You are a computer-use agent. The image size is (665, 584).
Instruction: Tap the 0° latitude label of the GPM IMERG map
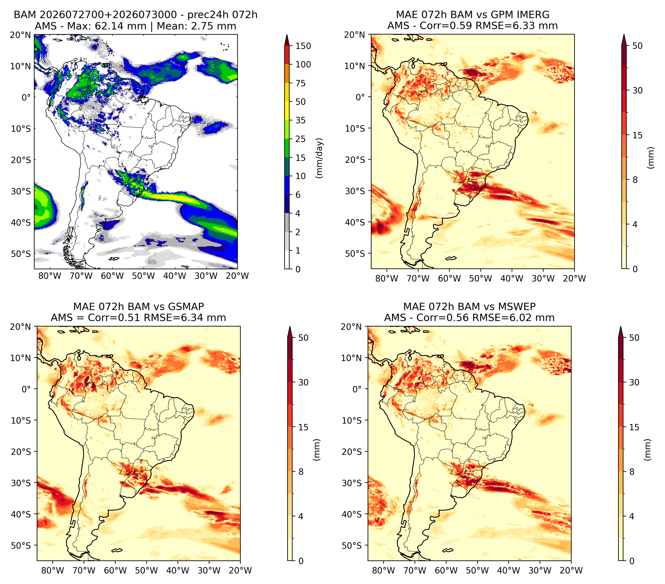click(x=360, y=97)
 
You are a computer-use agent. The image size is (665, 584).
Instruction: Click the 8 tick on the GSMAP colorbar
click(x=301, y=472)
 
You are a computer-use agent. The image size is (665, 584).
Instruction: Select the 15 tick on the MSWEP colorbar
click(x=634, y=427)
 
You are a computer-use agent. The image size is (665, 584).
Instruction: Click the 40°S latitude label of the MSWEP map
click(x=352, y=514)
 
